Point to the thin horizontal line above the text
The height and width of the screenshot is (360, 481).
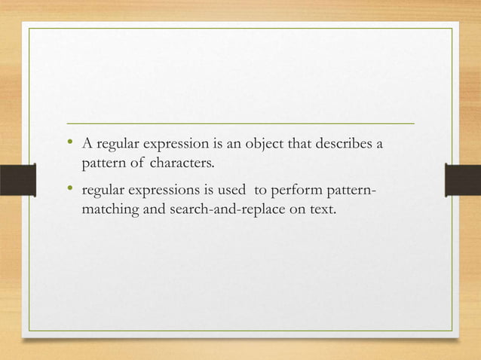click(x=240, y=122)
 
